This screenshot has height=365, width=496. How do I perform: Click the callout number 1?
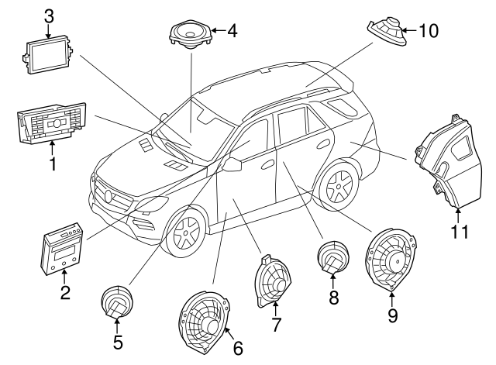[53, 164]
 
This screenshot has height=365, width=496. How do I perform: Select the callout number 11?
[460, 231]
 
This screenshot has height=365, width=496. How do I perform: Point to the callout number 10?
[429, 30]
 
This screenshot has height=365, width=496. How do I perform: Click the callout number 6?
[238, 348]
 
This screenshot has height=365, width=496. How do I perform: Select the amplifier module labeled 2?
[63, 250]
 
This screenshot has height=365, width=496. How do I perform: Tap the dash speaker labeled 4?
[189, 35]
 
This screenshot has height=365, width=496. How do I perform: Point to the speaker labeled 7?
[273, 284]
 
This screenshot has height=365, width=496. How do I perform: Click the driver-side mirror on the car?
[231, 164]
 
